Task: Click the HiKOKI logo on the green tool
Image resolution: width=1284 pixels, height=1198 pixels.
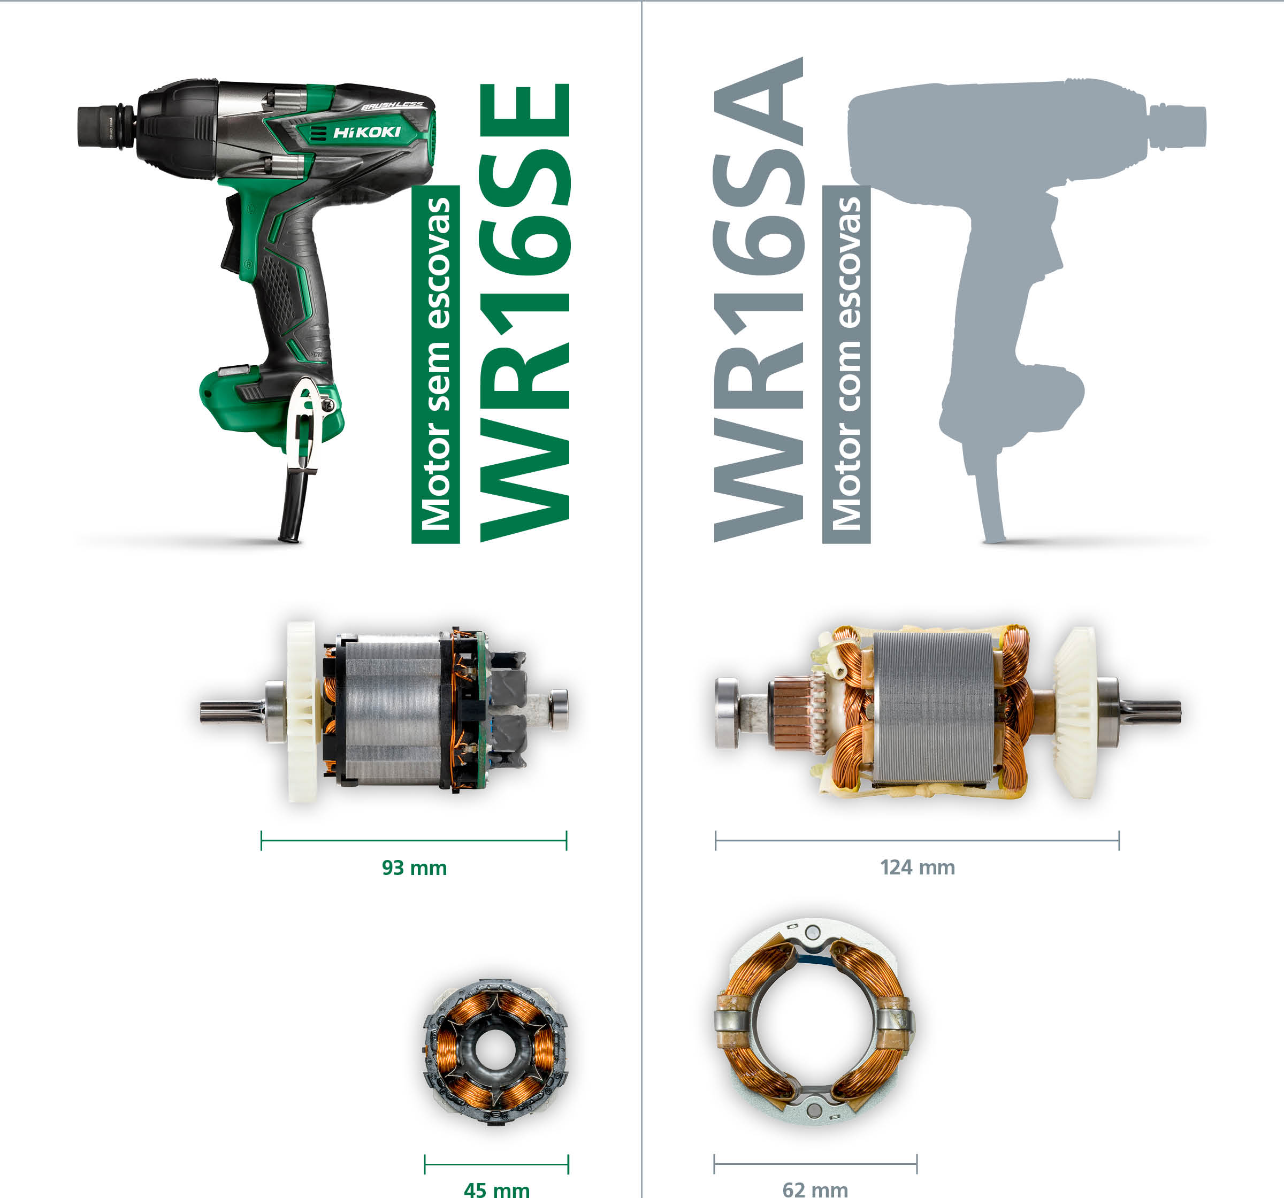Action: [366, 133]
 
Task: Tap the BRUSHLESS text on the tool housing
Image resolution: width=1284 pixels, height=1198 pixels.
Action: [392, 106]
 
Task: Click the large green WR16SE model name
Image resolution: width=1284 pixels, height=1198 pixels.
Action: [524, 312]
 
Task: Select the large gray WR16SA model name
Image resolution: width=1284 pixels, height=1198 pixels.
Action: [759, 299]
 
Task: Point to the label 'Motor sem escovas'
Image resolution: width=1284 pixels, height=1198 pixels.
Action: [435, 364]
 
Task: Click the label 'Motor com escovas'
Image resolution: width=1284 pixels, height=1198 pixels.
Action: [846, 364]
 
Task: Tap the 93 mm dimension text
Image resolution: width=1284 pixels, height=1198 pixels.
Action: [414, 867]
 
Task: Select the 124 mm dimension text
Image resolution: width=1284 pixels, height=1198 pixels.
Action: [917, 867]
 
